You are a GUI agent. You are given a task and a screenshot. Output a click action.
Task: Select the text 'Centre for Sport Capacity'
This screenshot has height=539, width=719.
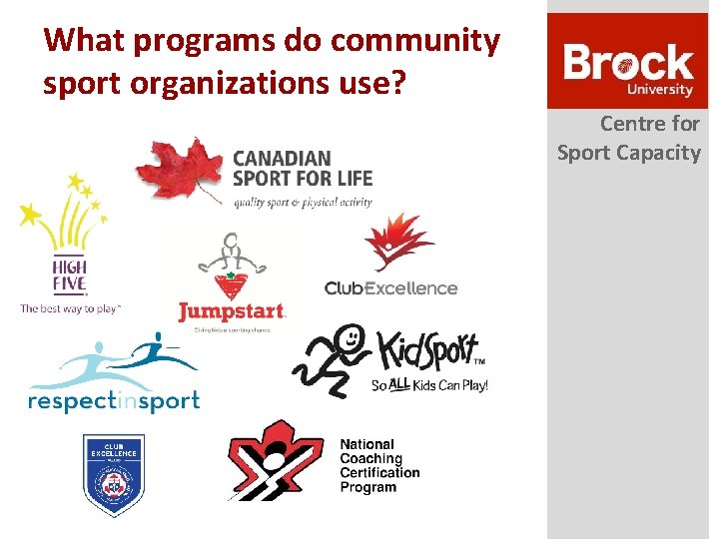pyautogui.click(x=629, y=138)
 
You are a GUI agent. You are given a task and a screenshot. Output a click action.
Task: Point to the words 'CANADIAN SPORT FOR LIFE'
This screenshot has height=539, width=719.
pyautogui.click(x=302, y=169)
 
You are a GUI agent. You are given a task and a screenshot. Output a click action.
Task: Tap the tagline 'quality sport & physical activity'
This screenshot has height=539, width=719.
pyautogui.click(x=303, y=202)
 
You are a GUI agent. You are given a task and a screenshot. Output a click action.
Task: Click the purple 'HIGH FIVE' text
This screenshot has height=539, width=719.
pyautogui.click(x=70, y=273)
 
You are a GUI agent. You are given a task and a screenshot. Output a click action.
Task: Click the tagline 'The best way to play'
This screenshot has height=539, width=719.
pyautogui.click(x=70, y=308)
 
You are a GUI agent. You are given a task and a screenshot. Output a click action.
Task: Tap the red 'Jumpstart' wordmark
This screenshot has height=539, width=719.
pyautogui.click(x=232, y=312)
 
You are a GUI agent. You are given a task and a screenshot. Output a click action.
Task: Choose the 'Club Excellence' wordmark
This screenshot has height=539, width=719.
pyautogui.click(x=390, y=288)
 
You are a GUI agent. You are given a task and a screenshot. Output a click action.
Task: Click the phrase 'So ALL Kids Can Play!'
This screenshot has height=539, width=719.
pyautogui.click(x=429, y=384)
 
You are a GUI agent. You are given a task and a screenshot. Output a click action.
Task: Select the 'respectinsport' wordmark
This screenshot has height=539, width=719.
pyautogui.click(x=114, y=400)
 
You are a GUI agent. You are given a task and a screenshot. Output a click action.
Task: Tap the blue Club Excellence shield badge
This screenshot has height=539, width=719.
pyautogui.click(x=113, y=474)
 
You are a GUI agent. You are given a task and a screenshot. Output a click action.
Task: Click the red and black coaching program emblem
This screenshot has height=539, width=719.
pyautogui.click(x=275, y=460)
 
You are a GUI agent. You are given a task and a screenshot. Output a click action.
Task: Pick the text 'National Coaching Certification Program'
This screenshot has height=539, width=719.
pyautogui.click(x=379, y=465)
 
